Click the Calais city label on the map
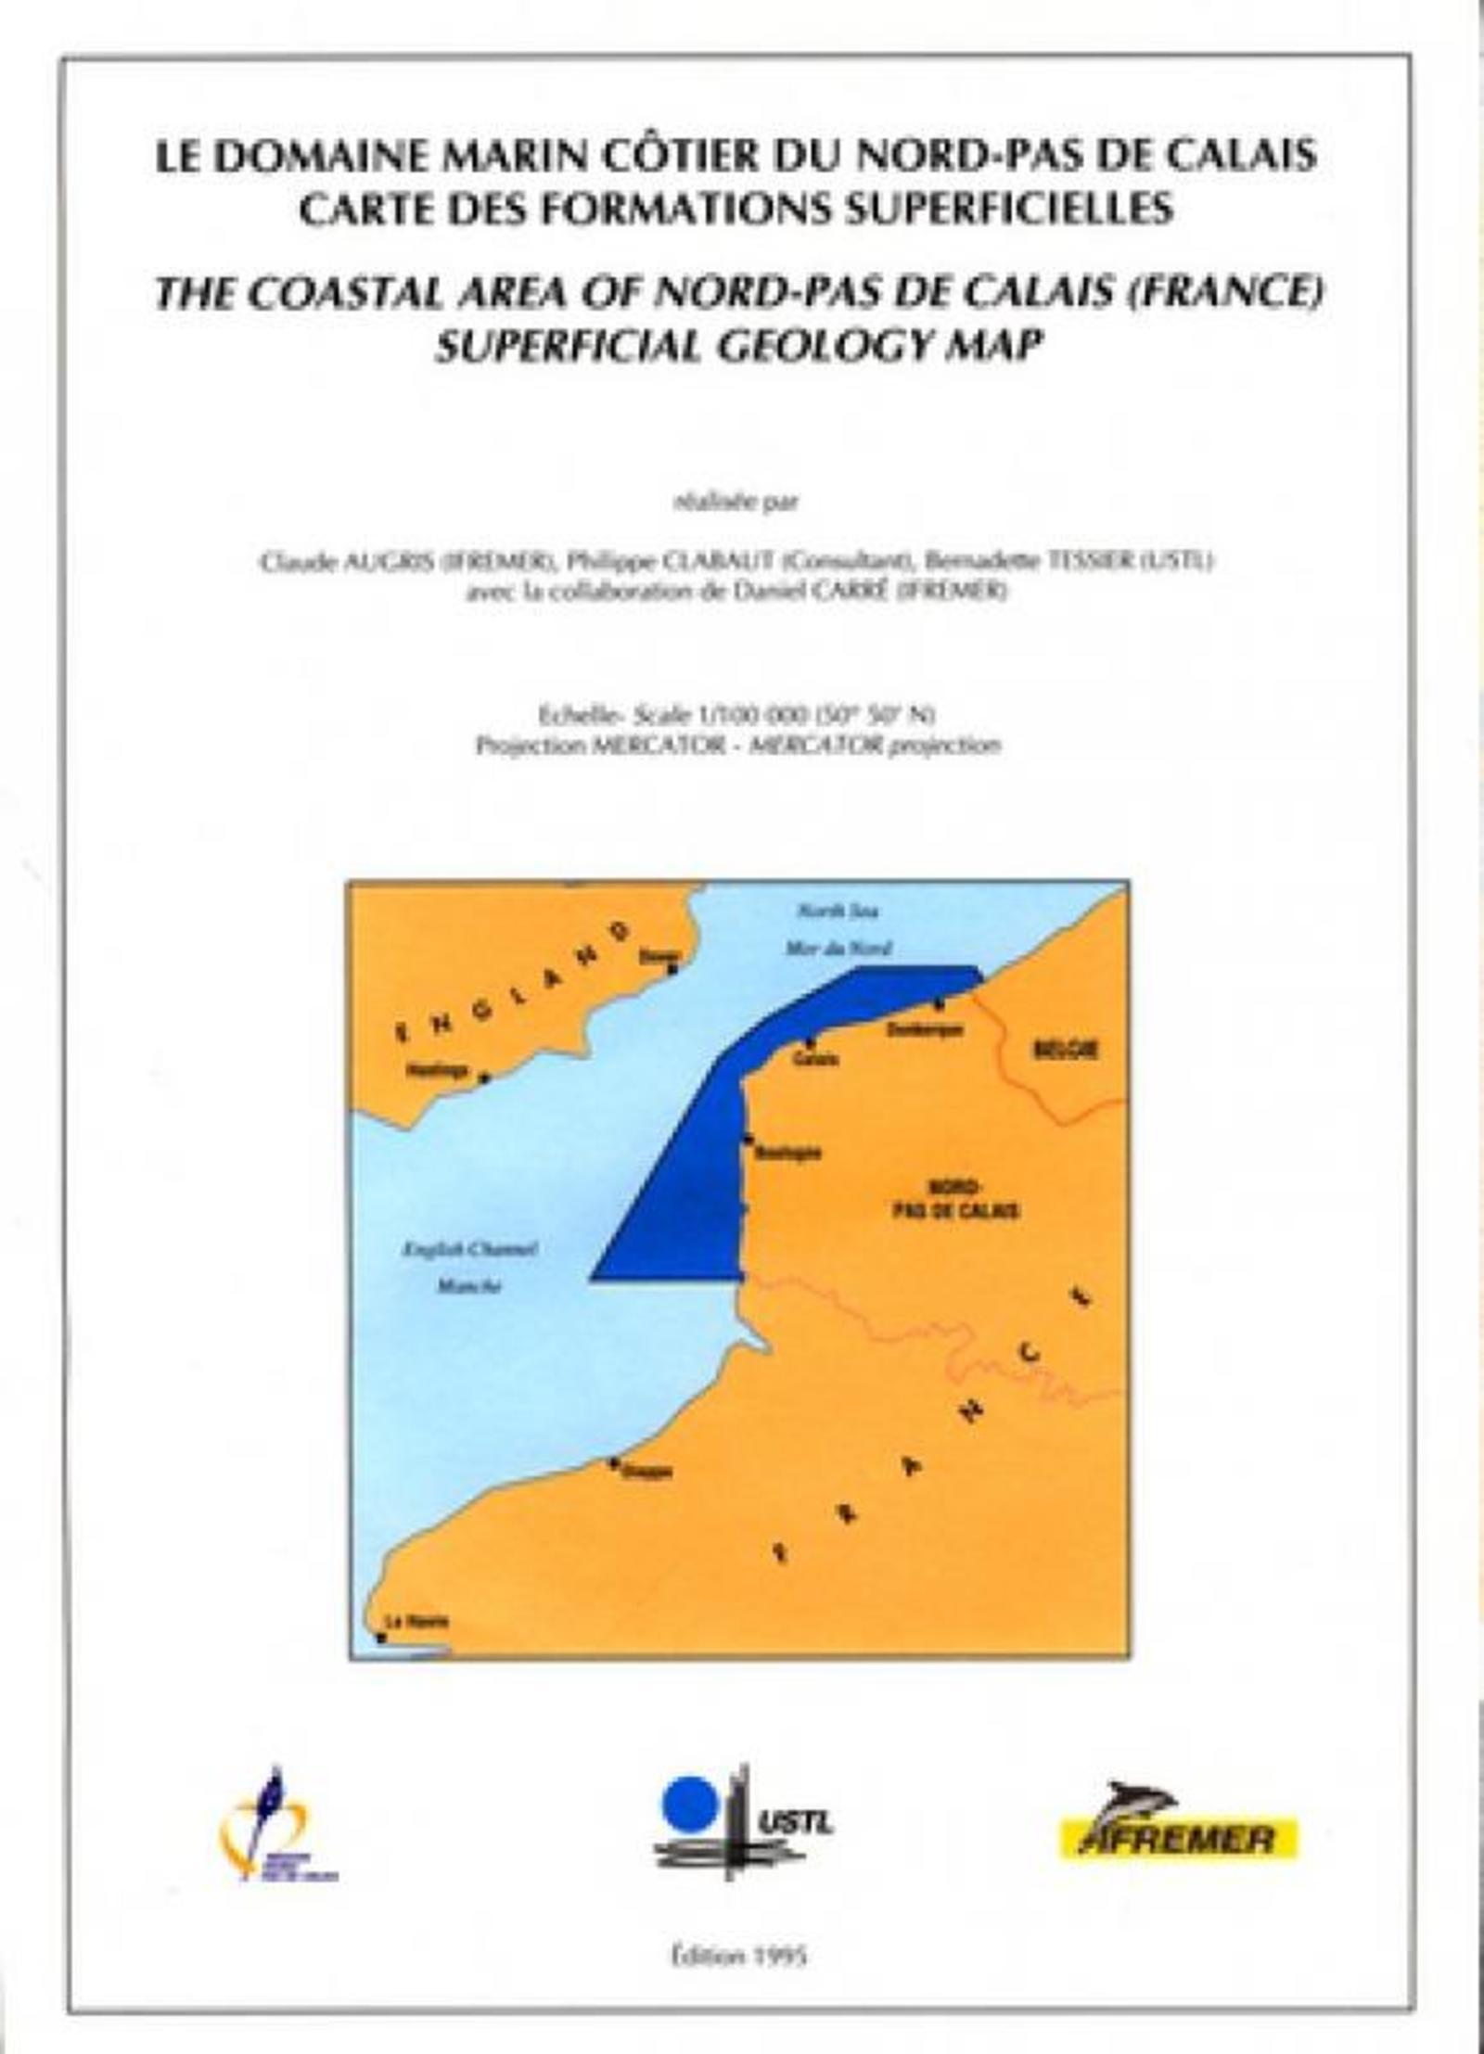pyautogui.click(x=816, y=1058)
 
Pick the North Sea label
pyautogui.click(x=838, y=911)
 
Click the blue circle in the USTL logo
pyautogui.click(x=688, y=1802)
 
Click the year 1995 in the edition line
pyautogui.click(x=783, y=1956)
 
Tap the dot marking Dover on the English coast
pyautogui.click(x=674, y=968)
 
